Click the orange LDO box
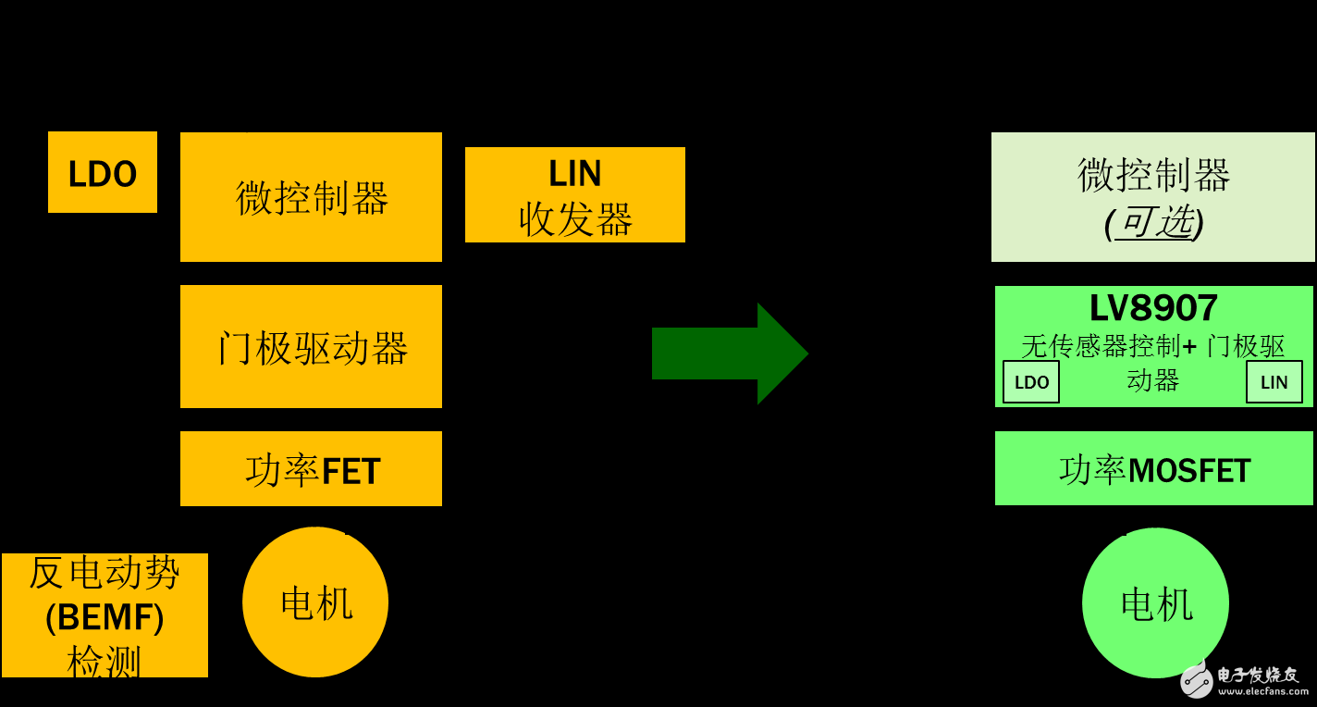pyautogui.click(x=103, y=172)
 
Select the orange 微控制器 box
pyautogui.click(x=311, y=197)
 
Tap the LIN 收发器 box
pyautogui.click(x=574, y=195)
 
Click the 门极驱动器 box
pyautogui.click(x=311, y=347)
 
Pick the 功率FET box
pyautogui.click(x=311, y=469)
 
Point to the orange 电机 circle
pyautogui.click(x=315, y=602)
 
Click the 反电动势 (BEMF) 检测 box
pyautogui.click(x=105, y=615)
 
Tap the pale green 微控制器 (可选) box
pyautogui.click(x=1152, y=197)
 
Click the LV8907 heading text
pyautogui.click(x=1153, y=308)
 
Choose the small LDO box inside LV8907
pyautogui.click(x=1031, y=382)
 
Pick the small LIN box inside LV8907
pyautogui.click(x=1274, y=382)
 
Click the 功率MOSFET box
pyautogui.click(x=1153, y=469)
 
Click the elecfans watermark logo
pyautogui.click(x=1197, y=680)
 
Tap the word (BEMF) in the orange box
pyautogui.click(x=105, y=617)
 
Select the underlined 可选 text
pyautogui.click(x=1153, y=222)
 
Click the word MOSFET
pyautogui.click(x=1189, y=471)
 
